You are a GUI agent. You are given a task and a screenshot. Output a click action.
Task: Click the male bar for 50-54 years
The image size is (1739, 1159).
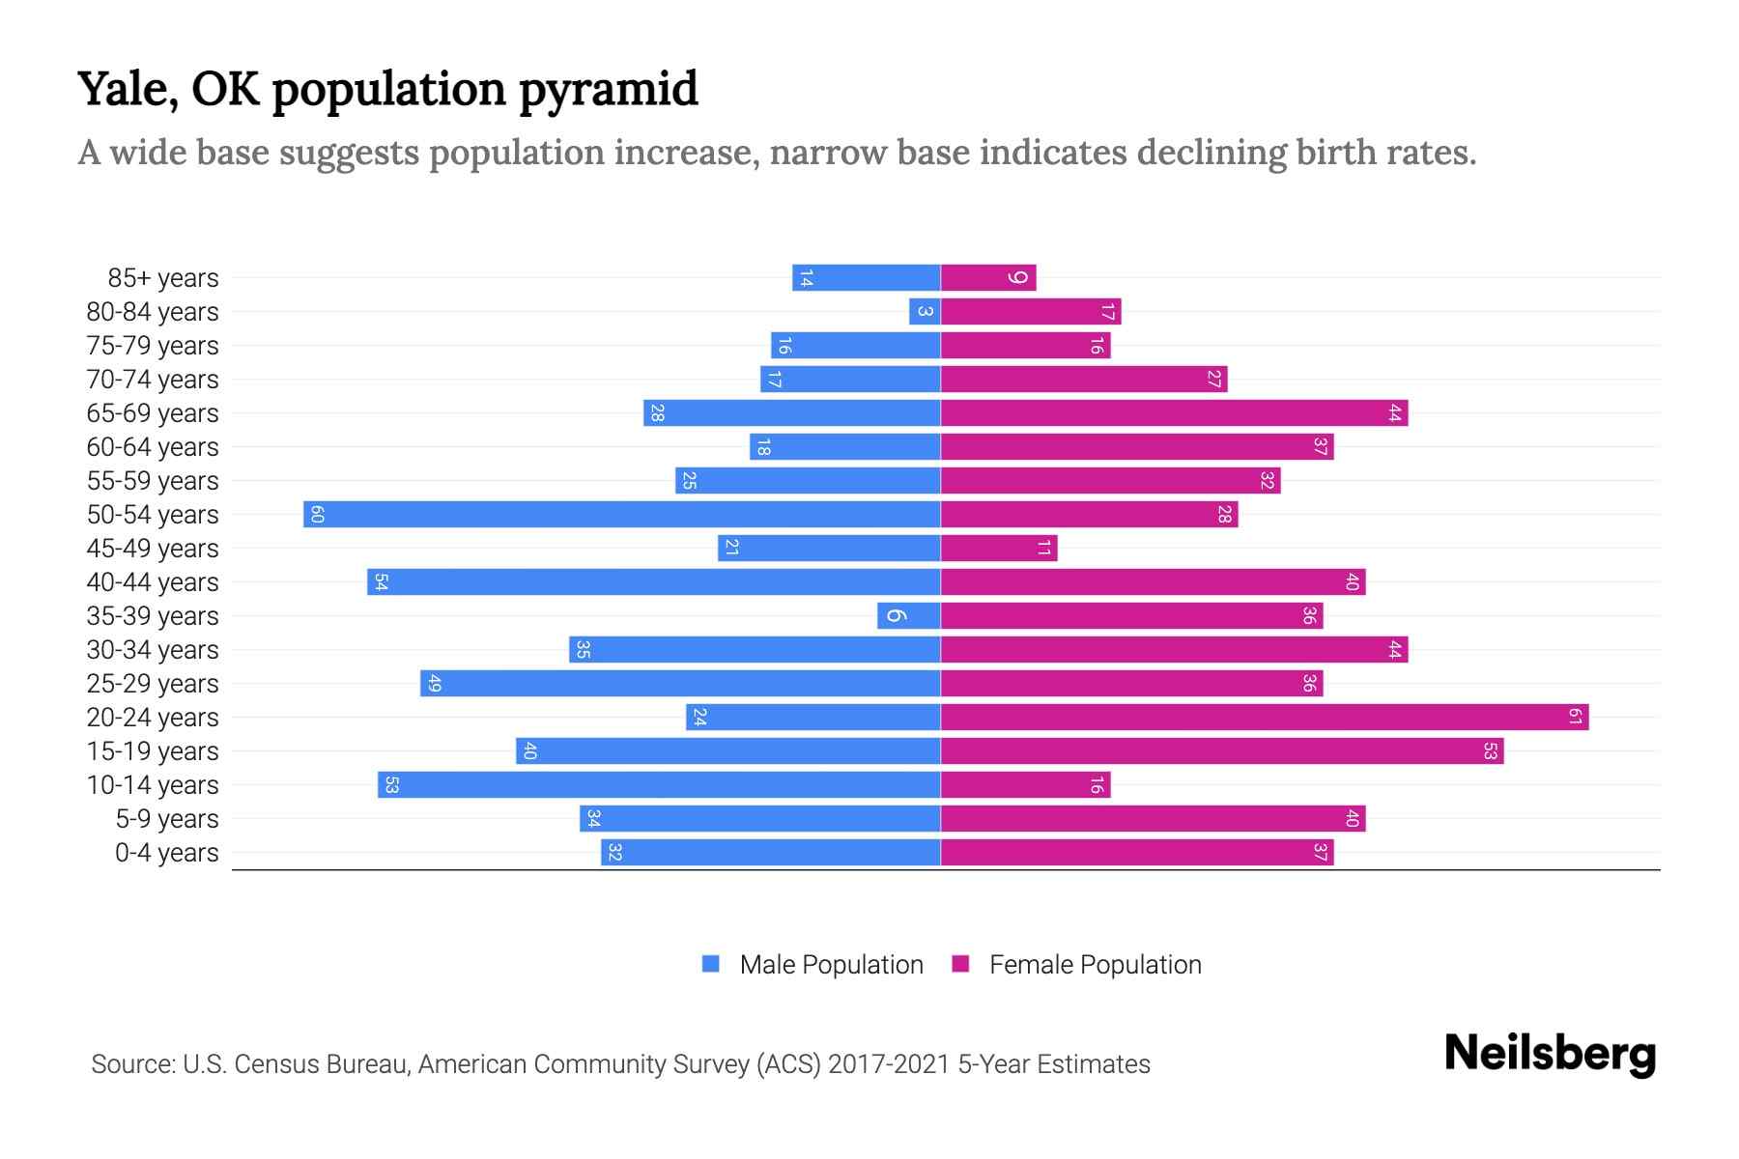622,514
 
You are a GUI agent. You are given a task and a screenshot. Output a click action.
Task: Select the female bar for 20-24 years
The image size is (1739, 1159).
1265,717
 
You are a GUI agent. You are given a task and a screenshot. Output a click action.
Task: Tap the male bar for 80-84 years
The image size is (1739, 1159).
925,311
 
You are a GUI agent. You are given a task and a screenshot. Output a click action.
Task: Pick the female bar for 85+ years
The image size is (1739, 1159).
988,277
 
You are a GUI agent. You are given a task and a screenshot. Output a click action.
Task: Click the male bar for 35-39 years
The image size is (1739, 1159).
909,615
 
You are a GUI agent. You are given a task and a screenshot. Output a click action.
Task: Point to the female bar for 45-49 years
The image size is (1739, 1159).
999,548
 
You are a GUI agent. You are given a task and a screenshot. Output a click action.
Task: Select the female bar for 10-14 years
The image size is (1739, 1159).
1025,784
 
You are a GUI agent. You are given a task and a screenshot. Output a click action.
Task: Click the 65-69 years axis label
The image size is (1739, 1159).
153,413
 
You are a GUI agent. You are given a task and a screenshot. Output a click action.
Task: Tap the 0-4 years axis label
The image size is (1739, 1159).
166,853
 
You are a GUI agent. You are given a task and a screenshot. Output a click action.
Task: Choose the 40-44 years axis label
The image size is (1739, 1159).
153,582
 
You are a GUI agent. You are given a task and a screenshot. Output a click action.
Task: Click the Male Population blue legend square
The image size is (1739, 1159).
711,964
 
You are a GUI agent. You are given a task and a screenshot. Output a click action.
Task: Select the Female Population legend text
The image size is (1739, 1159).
1095,965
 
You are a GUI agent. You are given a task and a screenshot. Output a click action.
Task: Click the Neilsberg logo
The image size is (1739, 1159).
1550,1054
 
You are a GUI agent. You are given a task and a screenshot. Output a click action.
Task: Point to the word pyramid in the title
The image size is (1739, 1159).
608,89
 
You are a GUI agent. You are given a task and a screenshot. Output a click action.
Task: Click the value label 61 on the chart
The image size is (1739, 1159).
1575,717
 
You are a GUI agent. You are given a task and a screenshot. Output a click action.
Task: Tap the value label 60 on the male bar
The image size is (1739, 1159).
317,514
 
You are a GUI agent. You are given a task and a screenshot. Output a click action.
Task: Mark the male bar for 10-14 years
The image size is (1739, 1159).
659,784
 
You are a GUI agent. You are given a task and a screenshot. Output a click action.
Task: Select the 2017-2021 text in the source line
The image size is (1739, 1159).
889,1064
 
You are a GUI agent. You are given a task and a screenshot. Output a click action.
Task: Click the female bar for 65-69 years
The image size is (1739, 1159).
1174,412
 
